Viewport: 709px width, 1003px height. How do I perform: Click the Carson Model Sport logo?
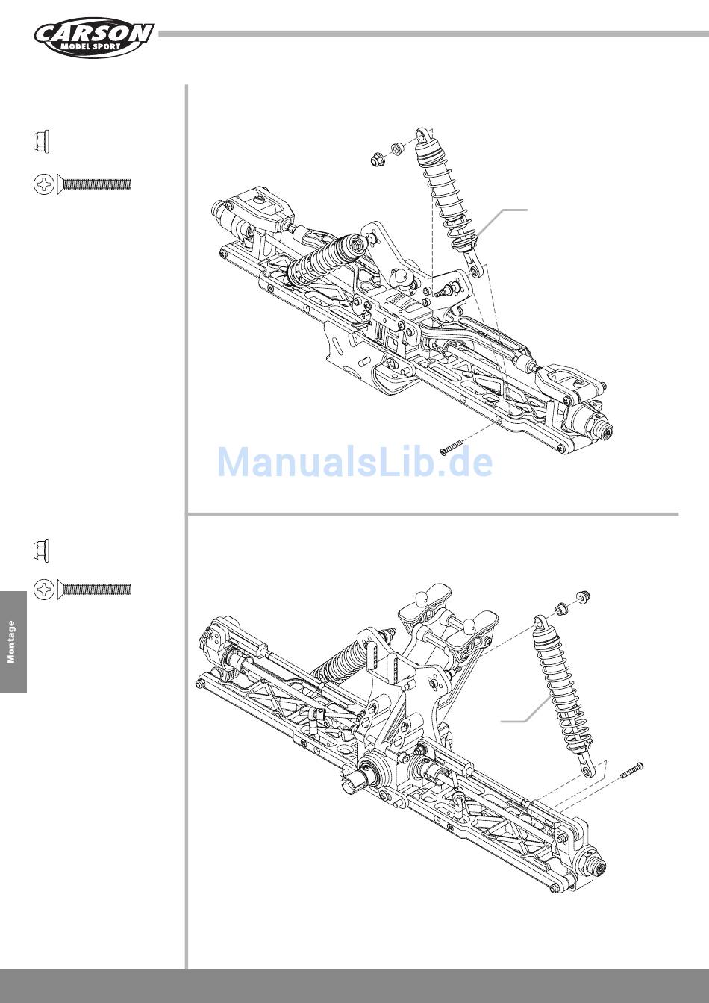tap(94, 39)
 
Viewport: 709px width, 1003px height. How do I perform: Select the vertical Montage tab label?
tap(11, 642)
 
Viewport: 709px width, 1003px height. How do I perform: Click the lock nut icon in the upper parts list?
tap(41, 142)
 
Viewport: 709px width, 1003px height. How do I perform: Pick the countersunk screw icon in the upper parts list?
tap(82, 184)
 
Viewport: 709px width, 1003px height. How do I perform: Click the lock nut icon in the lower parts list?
tap(41, 550)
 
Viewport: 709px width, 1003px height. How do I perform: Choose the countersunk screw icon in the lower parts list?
tap(82, 590)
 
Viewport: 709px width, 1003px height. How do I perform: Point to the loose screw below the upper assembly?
tap(452, 447)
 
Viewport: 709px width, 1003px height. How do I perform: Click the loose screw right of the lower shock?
tap(631, 770)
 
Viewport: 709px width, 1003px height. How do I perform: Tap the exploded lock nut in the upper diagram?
tap(378, 159)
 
